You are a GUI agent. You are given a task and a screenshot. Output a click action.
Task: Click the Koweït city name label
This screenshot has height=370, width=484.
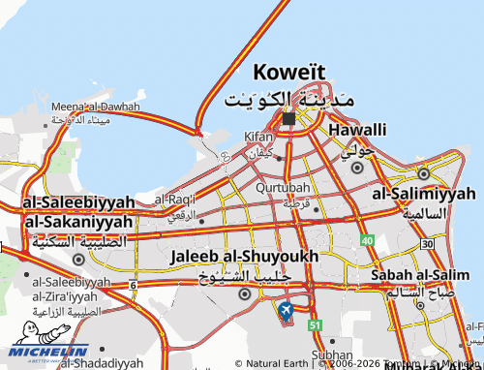point(289,73)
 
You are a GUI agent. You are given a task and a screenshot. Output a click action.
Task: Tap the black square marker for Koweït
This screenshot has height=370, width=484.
point(289,118)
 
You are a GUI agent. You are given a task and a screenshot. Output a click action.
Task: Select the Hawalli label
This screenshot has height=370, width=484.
point(357,130)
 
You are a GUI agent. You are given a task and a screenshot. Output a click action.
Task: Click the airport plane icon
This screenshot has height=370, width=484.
point(286,310)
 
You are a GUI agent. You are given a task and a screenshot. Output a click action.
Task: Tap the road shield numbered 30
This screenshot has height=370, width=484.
point(427,243)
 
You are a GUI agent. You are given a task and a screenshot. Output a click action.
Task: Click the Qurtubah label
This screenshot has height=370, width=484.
point(283,188)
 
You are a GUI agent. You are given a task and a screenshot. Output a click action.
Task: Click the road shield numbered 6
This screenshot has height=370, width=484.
point(132,283)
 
